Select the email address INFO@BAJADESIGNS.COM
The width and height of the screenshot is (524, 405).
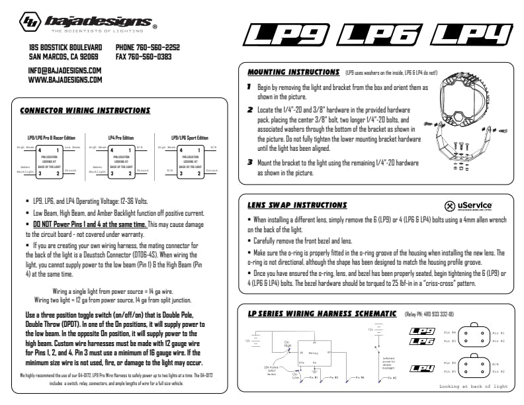click(x=65, y=70)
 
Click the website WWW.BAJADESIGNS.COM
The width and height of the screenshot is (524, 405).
click(x=65, y=79)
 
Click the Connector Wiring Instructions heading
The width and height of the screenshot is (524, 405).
click(x=85, y=111)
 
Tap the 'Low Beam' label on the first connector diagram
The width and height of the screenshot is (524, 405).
click(x=72, y=148)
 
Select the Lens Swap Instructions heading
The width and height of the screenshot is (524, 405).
click(x=297, y=205)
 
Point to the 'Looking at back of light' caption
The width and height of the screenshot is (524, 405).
click(x=473, y=386)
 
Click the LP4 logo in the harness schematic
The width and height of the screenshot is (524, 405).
click(x=421, y=368)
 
